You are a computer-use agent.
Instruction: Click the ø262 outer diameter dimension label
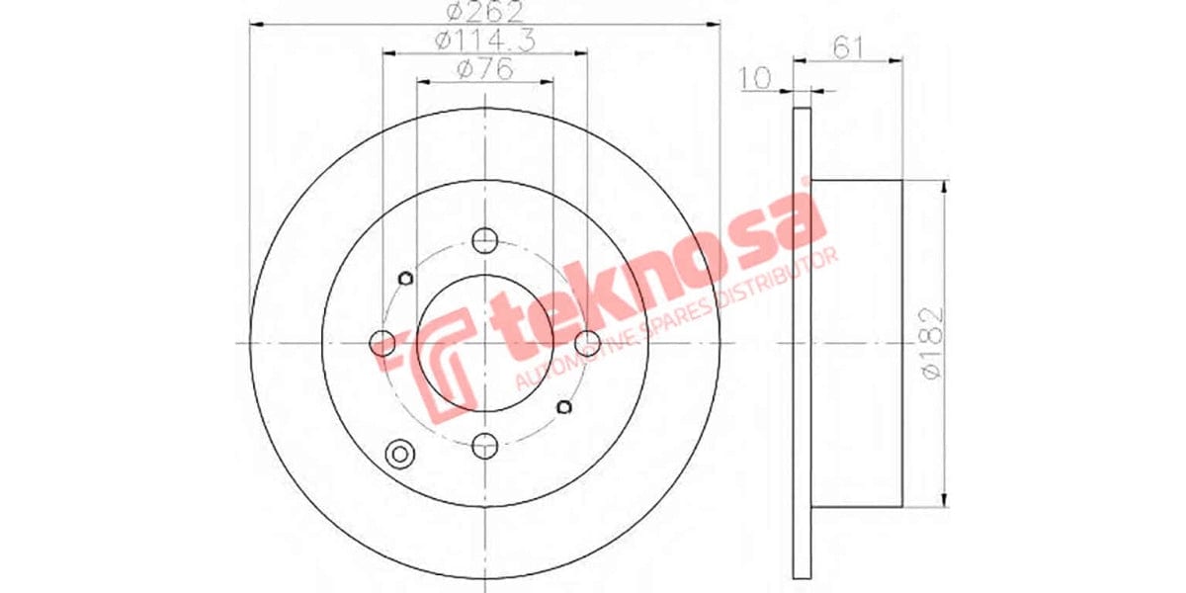click(x=484, y=13)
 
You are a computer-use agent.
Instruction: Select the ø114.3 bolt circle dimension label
click(x=484, y=42)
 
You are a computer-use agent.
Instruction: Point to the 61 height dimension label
click(x=845, y=46)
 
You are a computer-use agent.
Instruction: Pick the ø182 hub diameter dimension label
click(x=932, y=342)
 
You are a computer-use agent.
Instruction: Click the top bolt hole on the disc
click(x=484, y=240)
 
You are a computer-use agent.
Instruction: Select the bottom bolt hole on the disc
click(x=484, y=445)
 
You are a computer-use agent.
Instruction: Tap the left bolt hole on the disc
click(x=381, y=343)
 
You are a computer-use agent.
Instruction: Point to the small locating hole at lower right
click(x=565, y=406)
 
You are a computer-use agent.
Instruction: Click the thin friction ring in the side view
click(x=802, y=341)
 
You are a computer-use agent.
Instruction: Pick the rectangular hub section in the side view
click(x=856, y=342)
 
